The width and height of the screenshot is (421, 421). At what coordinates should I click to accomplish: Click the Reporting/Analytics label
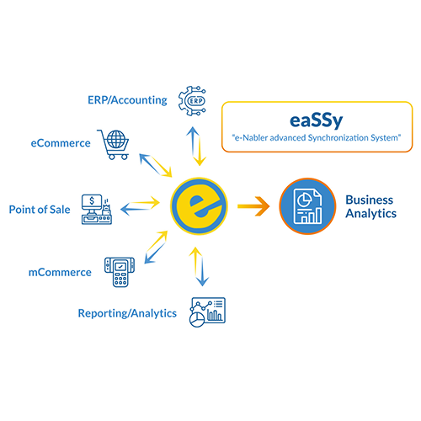(x=127, y=313)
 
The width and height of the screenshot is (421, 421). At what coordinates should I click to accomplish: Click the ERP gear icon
(x=195, y=100)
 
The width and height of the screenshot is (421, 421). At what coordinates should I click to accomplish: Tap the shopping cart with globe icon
(x=114, y=142)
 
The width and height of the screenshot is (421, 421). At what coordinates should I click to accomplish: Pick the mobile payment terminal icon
(x=119, y=271)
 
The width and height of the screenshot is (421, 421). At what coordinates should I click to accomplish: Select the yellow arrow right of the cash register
(x=145, y=200)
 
